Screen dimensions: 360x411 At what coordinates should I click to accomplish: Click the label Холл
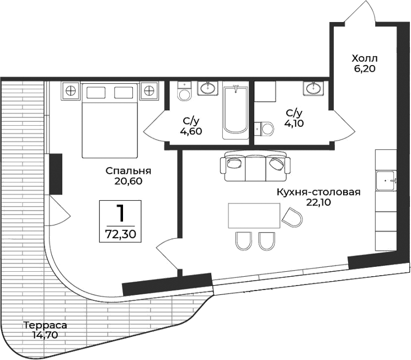tap(366, 58)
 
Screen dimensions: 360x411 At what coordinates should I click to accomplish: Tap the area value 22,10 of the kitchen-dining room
tap(319, 202)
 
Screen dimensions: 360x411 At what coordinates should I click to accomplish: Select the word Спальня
tap(129, 171)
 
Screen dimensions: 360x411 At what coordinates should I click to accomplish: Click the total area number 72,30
tap(120, 233)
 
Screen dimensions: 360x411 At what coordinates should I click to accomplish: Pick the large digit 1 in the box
tap(120, 212)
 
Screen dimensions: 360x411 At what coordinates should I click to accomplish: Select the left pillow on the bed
tap(96, 92)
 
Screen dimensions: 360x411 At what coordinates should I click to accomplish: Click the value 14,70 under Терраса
tap(45, 335)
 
